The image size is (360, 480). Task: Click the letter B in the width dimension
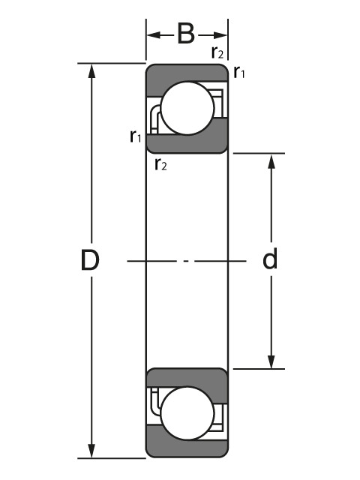186,34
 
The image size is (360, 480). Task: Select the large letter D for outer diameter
90,260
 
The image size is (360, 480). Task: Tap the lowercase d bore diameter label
270,259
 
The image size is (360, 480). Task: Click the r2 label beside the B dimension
217,52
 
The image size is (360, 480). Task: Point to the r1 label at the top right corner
239,73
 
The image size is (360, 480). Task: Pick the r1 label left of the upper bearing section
135,136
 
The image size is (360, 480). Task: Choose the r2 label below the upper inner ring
160,164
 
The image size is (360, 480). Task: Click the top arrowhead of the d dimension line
271,160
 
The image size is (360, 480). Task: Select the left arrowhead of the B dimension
152,34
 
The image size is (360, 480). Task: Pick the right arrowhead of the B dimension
221,34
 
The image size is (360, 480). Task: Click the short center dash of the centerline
186,261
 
